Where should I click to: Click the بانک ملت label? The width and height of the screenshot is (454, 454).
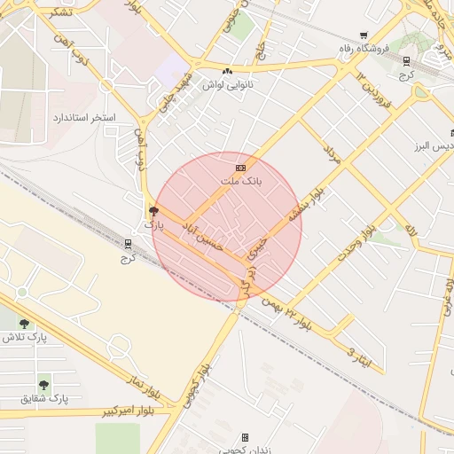[x=247, y=180]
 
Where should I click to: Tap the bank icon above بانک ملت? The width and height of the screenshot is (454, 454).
[x=240, y=168]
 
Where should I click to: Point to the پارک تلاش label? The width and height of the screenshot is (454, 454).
[x=23, y=337]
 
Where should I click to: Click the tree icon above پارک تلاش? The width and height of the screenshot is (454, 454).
[x=23, y=324]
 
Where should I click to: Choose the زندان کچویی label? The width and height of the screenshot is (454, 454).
[x=246, y=450]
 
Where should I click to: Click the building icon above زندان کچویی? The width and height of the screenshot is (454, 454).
[x=246, y=437]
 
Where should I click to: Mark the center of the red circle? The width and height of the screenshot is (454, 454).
[x=227, y=226]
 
